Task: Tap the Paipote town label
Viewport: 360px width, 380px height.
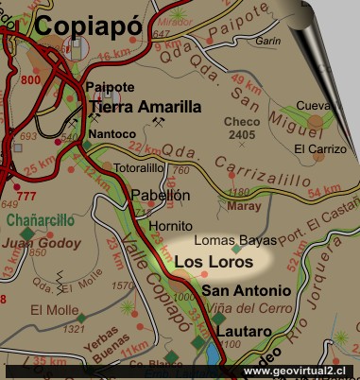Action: (106, 87)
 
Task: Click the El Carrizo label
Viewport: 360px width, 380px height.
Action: (314, 148)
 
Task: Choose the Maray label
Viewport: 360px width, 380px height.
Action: (243, 204)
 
